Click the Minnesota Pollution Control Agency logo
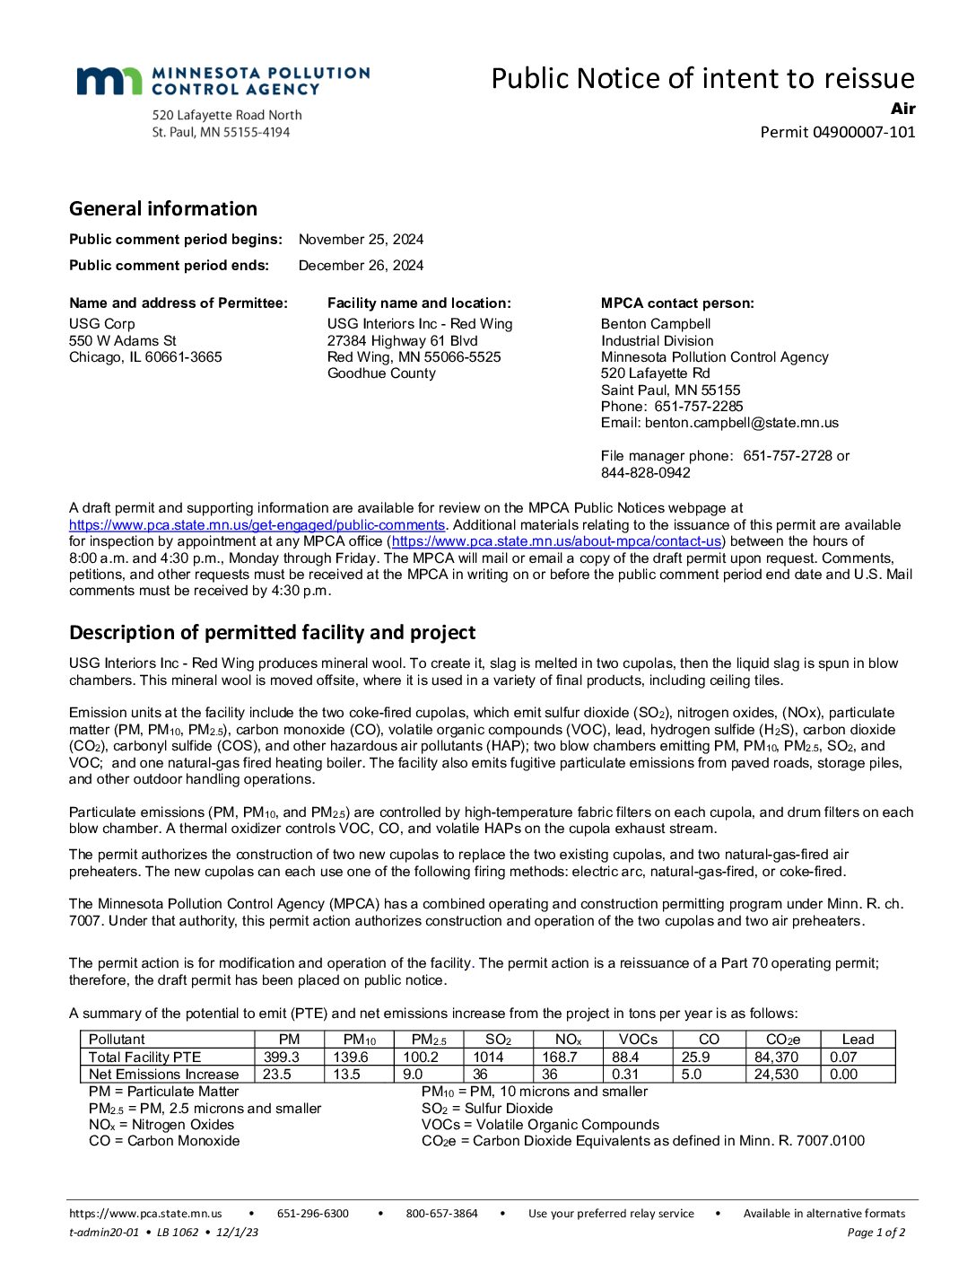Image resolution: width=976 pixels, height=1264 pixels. coord(222,81)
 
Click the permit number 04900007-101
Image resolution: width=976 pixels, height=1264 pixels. coord(863,132)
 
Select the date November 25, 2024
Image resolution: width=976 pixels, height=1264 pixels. coord(361,240)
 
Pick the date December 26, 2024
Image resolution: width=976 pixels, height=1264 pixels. coord(361,266)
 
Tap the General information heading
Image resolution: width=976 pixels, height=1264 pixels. coord(163,208)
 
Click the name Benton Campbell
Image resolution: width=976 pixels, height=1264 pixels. coord(656,324)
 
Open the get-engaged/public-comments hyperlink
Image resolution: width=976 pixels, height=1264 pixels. coord(257,525)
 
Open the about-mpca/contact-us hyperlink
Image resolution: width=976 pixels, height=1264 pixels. coord(556,541)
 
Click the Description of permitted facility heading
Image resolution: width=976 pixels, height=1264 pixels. coord(272,632)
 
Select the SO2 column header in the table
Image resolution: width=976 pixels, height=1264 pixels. coord(498,1040)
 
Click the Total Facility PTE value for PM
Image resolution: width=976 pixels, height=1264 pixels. coord(282,1058)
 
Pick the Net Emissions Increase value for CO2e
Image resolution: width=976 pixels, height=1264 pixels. coord(776,1075)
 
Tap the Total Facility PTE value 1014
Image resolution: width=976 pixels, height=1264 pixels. coord(489,1058)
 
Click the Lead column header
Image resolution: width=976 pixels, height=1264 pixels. coord(858,1040)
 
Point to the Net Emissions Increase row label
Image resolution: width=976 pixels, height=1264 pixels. coord(164,1075)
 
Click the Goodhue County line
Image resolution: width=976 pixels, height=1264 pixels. coord(381,373)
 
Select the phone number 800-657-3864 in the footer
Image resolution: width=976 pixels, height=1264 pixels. coord(441,1214)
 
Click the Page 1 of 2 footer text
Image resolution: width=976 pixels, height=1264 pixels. coord(876,1233)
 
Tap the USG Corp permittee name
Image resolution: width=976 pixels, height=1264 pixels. coord(102,324)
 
